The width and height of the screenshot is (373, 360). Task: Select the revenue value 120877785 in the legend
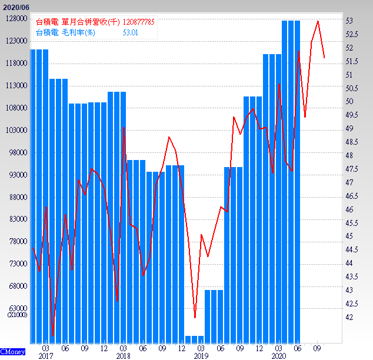tap(138, 22)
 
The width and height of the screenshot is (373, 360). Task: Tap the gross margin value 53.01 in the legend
tap(130, 33)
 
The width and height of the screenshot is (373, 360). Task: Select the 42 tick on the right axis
tap(349, 317)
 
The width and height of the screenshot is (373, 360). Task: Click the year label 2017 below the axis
tap(45, 356)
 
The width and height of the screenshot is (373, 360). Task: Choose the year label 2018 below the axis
tap(123, 356)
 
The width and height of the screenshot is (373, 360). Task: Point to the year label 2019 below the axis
tap(201, 356)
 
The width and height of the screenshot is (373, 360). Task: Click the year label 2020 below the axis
tap(278, 356)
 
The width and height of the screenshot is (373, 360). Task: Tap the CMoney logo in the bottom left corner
tap(12, 351)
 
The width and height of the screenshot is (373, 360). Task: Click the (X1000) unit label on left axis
tap(16, 315)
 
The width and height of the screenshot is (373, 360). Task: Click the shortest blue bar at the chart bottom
tap(194, 339)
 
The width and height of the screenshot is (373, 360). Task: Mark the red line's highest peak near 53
tap(318, 21)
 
